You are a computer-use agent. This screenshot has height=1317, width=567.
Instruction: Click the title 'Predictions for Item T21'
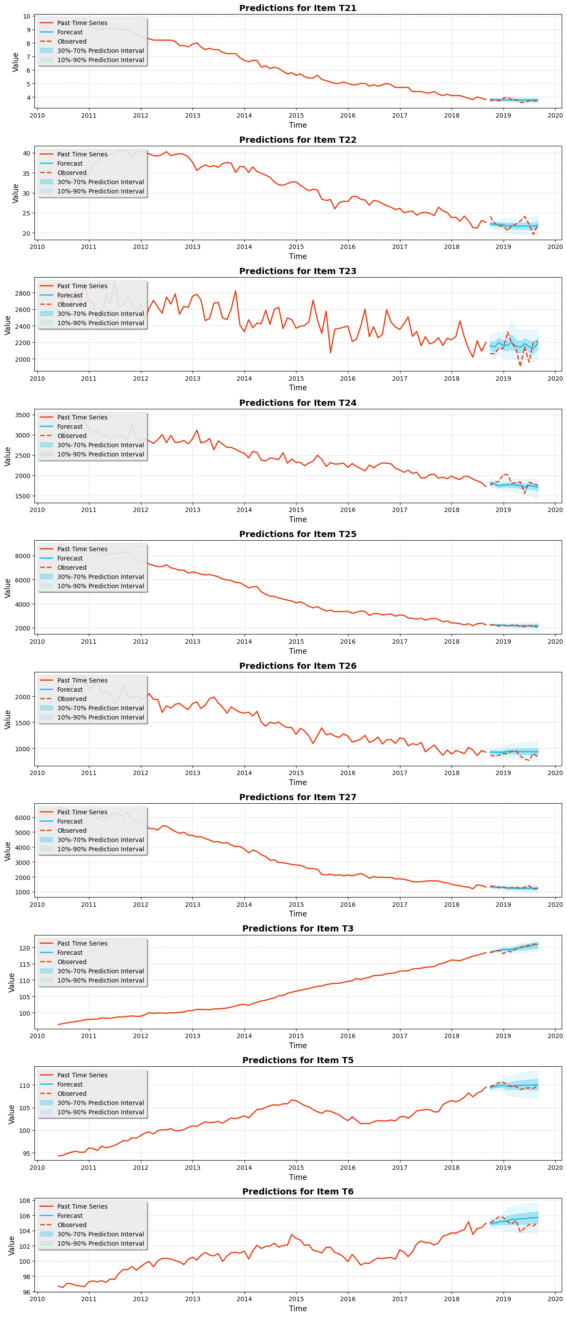[x=297, y=8]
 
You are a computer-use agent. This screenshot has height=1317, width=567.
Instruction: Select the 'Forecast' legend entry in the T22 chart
[x=70, y=163]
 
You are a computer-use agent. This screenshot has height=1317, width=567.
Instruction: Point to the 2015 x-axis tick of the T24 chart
[x=296, y=510]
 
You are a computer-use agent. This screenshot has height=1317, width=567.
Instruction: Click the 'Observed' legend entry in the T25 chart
[x=71, y=568]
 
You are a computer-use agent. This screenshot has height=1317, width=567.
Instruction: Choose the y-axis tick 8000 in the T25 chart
[x=22, y=556]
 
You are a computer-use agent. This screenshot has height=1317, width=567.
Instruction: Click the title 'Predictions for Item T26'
[x=297, y=666]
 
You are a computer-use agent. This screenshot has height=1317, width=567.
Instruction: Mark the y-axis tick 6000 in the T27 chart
[x=22, y=817]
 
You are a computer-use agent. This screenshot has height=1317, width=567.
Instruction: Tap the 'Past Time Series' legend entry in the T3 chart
[x=82, y=943]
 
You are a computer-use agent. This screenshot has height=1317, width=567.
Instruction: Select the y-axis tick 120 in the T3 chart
[x=25, y=948]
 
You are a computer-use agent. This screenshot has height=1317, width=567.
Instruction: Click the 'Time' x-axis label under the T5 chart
[x=297, y=1177]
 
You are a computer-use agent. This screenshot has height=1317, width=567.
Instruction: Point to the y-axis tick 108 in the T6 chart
[x=25, y=1200]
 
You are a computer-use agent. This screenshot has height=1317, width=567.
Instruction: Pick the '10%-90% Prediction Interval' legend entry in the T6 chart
[x=100, y=1243]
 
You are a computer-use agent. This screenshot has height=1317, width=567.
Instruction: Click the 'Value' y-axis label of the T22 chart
[x=15, y=193]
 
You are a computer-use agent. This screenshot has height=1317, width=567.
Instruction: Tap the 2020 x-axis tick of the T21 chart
[x=555, y=115]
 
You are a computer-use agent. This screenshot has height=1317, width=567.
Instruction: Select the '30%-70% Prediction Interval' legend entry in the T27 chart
[x=100, y=839]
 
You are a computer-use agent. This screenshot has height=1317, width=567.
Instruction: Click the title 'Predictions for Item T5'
[x=297, y=1060]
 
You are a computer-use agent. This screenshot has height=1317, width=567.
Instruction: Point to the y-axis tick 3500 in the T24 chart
[x=22, y=415]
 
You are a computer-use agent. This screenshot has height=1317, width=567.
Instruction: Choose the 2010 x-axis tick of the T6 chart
[x=37, y=1298]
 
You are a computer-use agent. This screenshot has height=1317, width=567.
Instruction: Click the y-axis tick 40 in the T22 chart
[x=26, y=153]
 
